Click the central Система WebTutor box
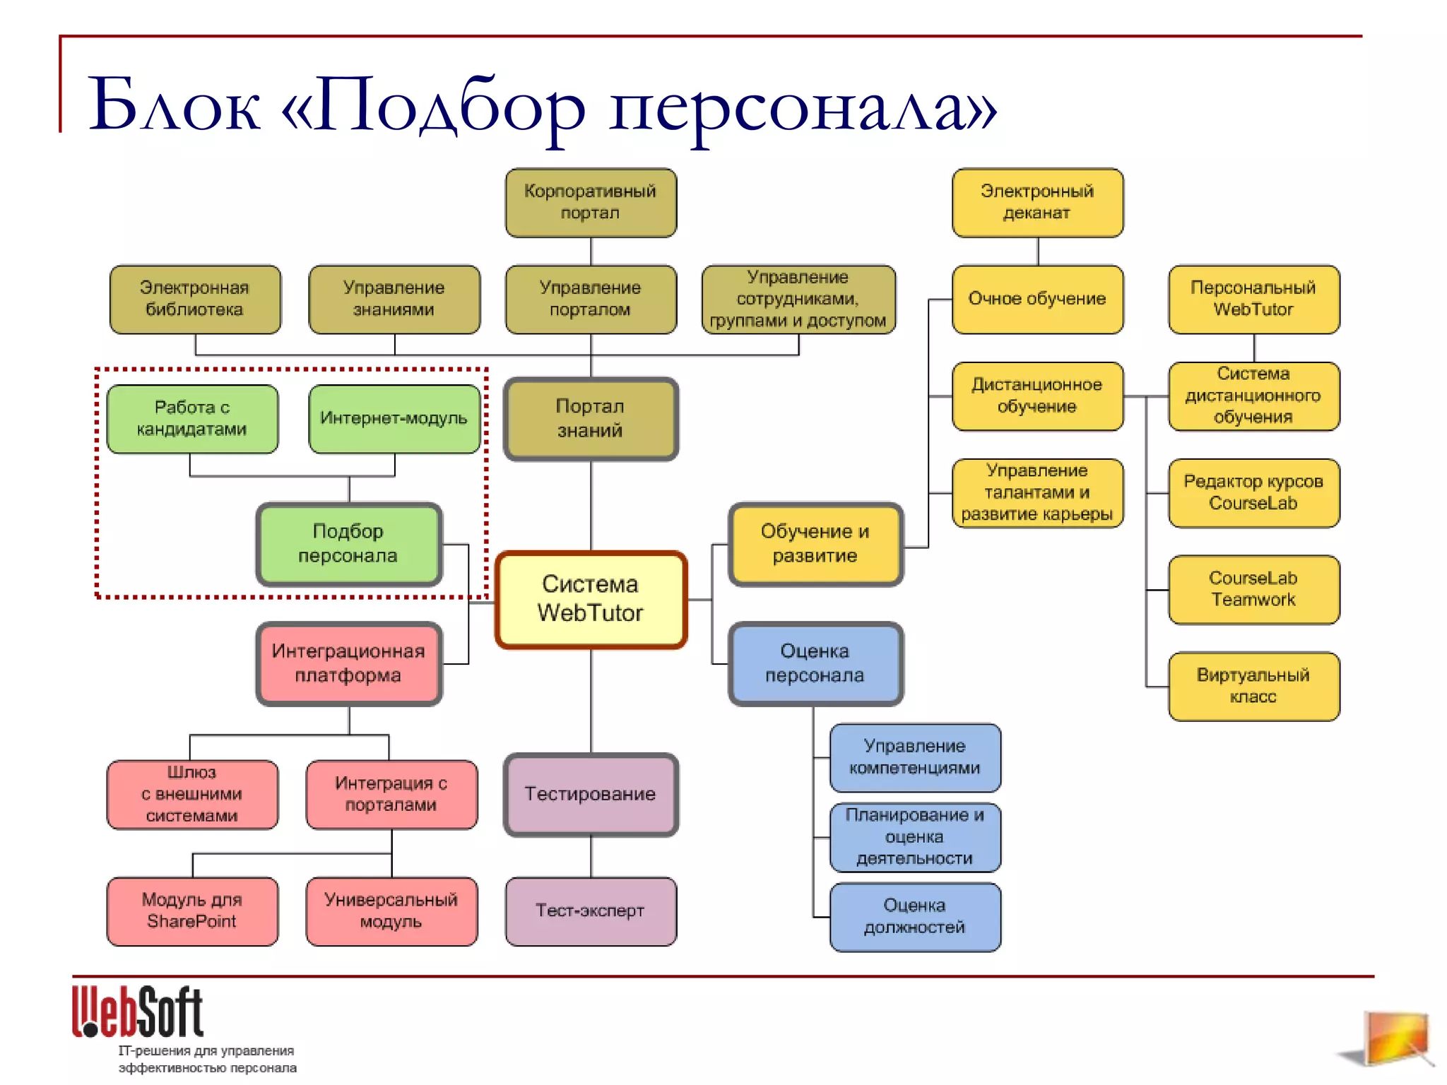[591, 600]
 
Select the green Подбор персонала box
[349, 544]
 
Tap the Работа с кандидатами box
[192, 419]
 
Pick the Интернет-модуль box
[394, 419]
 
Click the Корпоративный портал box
[591, 203]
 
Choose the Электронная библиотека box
[195, 300]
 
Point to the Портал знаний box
[591, 419]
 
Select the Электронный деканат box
[1037, 203]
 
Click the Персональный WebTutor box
[1253, 300]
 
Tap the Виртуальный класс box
[1253, 686]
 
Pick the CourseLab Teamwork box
[1253, 589]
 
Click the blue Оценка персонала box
[815, 663]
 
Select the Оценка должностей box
[915, 916]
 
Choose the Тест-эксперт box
[591, 911]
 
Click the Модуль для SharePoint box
[192, 911]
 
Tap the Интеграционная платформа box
[349, 663]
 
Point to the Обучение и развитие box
[815, 544]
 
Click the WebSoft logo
[138, 1012]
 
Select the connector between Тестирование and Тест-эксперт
[591, 857]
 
